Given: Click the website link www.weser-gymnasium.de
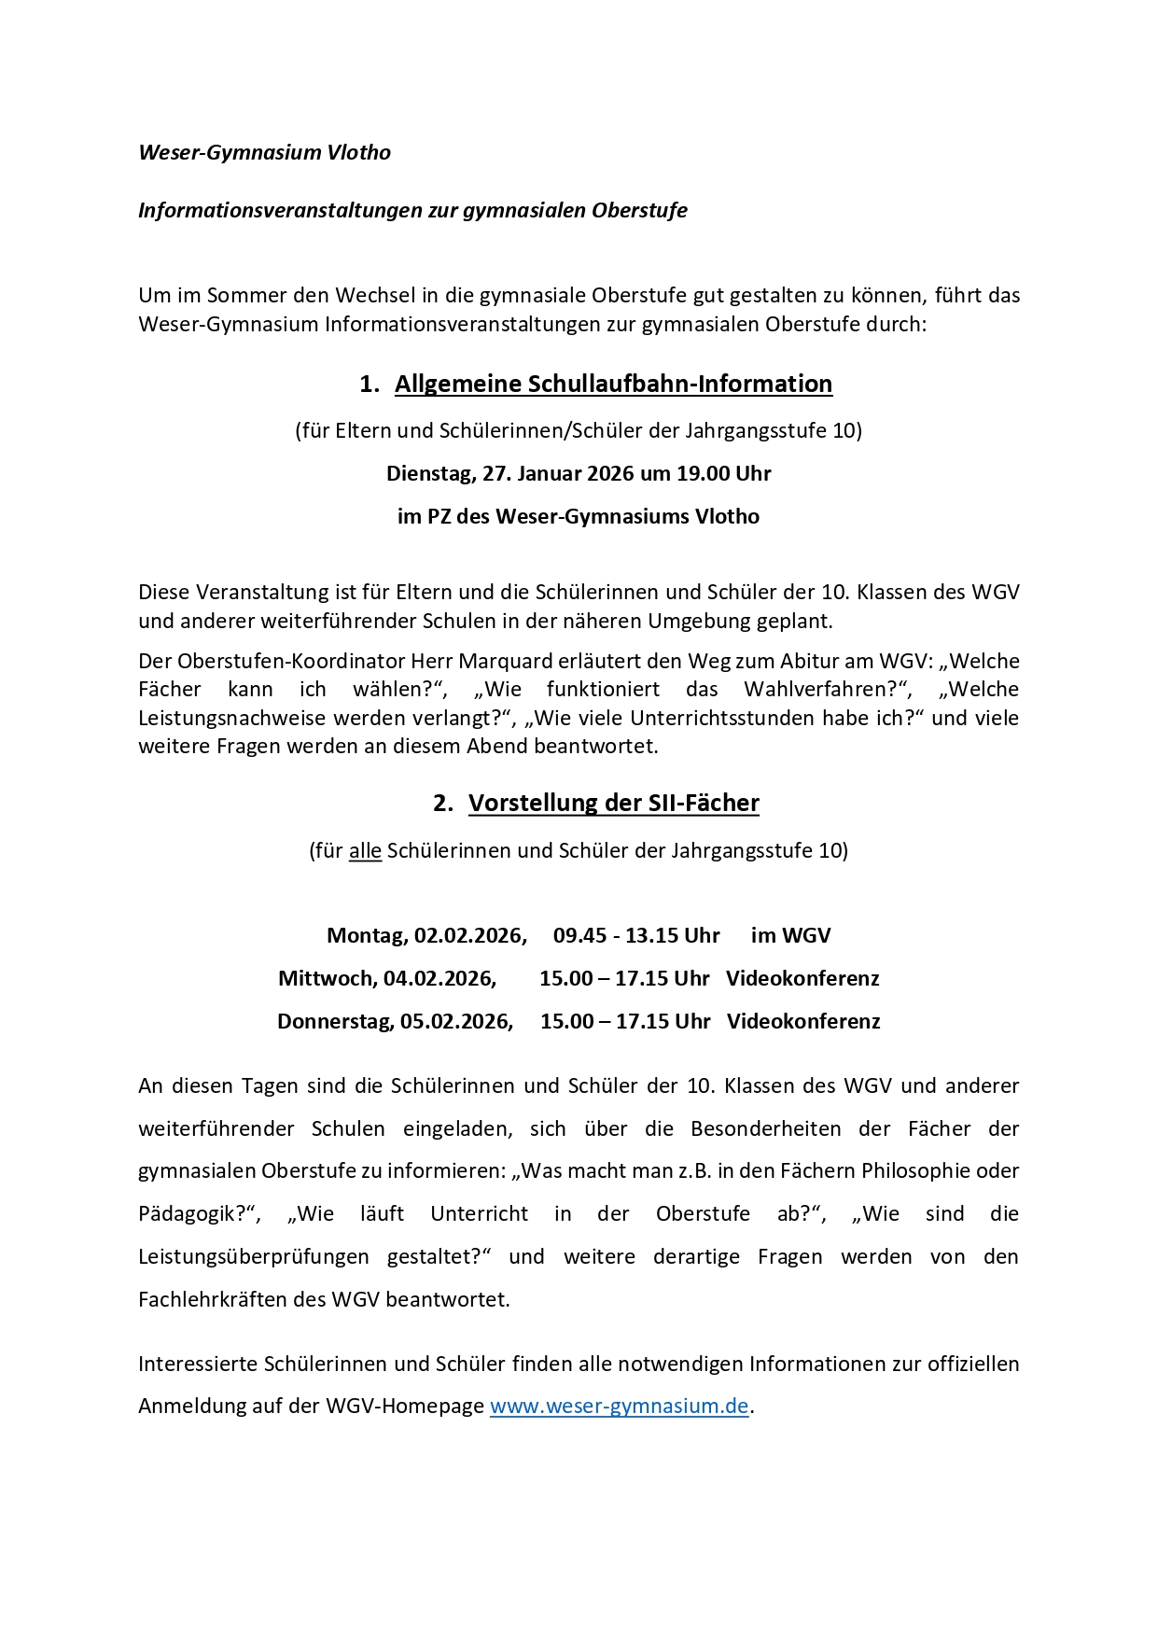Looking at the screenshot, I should (619, 1406).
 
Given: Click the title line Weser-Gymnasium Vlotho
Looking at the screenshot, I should (264, 152).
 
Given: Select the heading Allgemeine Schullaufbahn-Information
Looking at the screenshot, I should (613, 384).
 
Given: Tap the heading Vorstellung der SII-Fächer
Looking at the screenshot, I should (613, 803).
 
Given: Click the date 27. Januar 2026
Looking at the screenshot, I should (557, 473).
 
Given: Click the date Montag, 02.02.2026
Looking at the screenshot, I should (426, 935).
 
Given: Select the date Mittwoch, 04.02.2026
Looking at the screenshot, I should (387, 978).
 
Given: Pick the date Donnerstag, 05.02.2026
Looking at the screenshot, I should (395, 1021).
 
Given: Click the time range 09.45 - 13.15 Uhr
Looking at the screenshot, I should (636, 935).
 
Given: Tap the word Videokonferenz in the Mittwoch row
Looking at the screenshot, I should (802, 978).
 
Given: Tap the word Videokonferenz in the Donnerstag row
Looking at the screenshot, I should (803, 1021).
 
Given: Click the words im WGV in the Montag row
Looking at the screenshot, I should (790, 935).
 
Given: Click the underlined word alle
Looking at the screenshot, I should (365, 850).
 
